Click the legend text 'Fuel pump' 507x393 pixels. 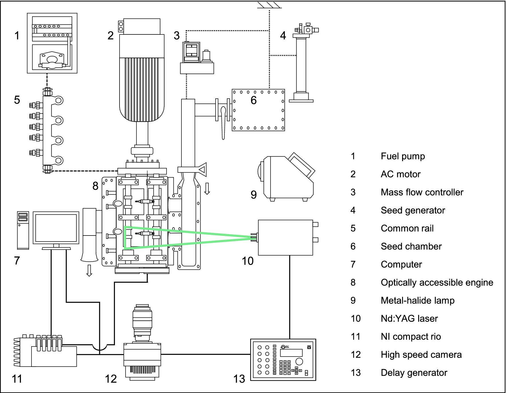tap(403, 156)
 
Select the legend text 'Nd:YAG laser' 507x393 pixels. tap(409, 319)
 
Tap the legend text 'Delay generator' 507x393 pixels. tap(414, 373)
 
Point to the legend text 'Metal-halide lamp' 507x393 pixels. tap(418, 301)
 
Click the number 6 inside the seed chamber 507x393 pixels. tap(254, 100)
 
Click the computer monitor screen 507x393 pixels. tap(56, 228)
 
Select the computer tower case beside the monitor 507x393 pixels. tap(23, 230)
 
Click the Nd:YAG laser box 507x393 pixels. tap(285, 238)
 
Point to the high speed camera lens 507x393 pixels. tap(142, 321)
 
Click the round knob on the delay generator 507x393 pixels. tap(299, 361)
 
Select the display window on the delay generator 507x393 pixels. tap(291, 353)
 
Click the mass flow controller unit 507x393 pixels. tap(197, 59)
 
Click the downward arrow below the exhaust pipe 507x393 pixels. tap(89, 271)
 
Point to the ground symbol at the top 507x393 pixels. tap(269, 5)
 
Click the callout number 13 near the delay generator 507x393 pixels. tap(239, 379)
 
